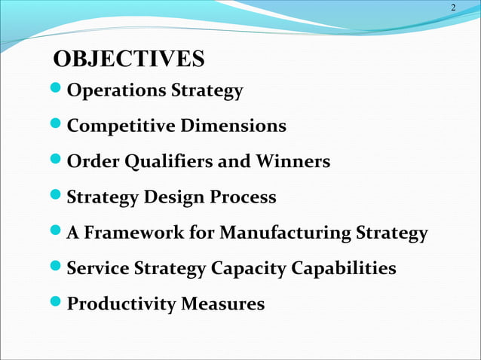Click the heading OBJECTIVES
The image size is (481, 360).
[130, 59]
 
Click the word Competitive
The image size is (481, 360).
[121, 127]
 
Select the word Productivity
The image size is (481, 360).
[121, 304]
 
